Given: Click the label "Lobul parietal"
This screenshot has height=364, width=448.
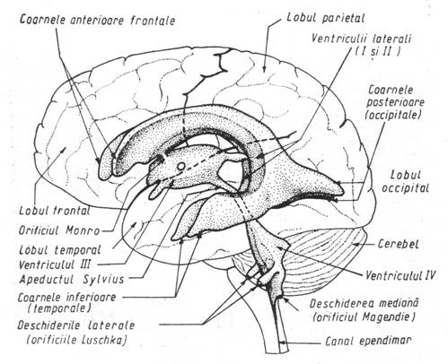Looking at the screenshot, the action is point(326,17).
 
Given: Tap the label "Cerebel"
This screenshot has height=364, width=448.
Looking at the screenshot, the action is point(398,244).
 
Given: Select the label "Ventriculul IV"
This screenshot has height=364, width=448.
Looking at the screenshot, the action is point(400,274).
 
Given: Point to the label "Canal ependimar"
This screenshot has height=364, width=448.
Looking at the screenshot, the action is point(368,341).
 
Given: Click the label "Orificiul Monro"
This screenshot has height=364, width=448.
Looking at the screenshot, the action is point(59,230).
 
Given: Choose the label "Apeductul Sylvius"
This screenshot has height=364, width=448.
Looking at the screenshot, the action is point(72,280).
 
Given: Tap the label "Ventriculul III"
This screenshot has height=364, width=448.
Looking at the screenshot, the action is point(55,264).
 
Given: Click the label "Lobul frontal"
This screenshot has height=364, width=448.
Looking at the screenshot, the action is point(55,211).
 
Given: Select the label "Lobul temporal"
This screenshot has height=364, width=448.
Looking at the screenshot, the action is point(60,250).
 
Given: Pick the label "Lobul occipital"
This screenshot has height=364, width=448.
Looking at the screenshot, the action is point(405,181).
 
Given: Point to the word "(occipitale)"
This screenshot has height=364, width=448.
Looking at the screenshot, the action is point(393,115).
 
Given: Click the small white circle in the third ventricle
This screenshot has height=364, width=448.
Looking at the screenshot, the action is point(181,166).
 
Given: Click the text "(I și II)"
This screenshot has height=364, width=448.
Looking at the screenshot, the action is point(377,51).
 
